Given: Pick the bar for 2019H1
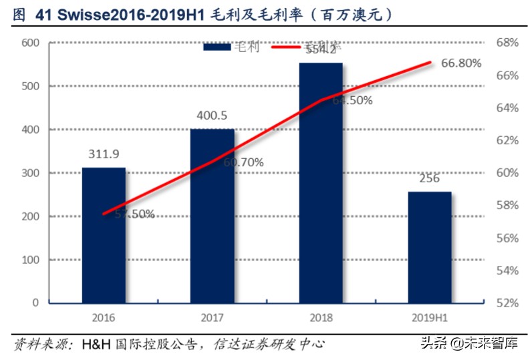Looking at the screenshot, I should tap(429, 246).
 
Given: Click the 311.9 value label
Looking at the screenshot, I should tap(104, 154).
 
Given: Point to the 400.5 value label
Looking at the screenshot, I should tap(212, 116).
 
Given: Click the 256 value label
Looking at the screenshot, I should tap(429, 178).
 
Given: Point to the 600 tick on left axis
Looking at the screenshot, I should tap(31, 43).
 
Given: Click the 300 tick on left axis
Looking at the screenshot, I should tap(31, 173).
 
